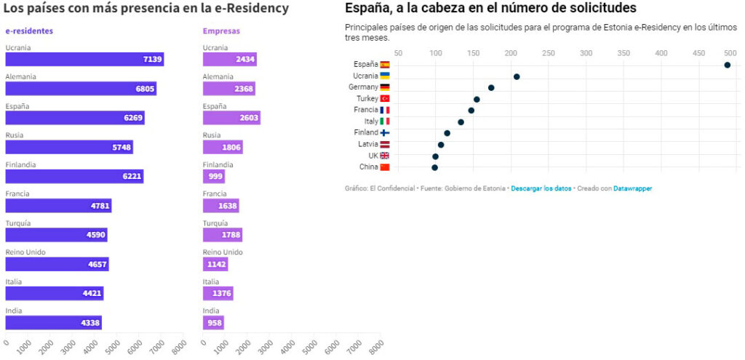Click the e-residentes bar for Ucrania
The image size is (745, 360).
tap(84, 59)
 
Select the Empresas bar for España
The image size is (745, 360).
tap(231, 118)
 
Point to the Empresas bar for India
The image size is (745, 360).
tap(213, 322)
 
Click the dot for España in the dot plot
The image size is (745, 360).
tap(727, 65)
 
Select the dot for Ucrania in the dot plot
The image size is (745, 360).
tap(517, 76)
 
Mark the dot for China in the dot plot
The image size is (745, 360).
tap(434, 167)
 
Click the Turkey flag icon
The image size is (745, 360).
tap(385, 99)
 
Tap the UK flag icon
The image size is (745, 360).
tap(385, 156)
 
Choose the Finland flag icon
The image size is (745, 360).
tap(385, 133)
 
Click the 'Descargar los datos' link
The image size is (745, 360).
tap(541, 188)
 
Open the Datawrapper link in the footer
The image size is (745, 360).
tap(632, 188)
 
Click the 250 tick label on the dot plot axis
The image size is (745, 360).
tap(549, 53)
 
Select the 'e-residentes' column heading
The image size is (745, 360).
tap(28, 31)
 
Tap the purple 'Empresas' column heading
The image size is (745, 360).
tap(221, 31)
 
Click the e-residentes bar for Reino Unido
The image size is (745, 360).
tap(57, 264)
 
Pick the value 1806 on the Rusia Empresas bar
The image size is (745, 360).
tap(230, 147)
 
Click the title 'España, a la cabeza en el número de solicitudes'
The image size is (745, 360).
tap(490, 9)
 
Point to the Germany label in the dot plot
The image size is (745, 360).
tap(363, 87)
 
